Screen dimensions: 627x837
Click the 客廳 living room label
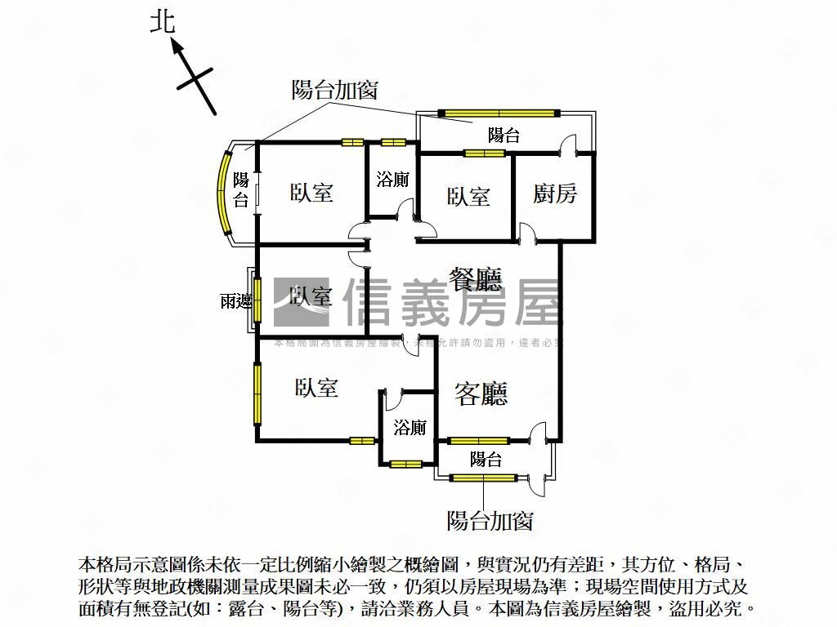[x=481, y=394]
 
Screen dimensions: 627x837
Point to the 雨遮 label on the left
[x=235, y=301]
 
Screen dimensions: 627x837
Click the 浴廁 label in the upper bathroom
[x=392, y=180]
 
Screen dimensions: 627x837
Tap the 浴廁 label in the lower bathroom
[x=410, y=427]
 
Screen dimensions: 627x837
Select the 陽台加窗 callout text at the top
[x=334, y=91]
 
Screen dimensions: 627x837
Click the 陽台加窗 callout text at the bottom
[x=490, y=520]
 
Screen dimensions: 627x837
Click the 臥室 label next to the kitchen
[x=468, y=196]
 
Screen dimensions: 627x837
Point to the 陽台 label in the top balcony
[x=504, y=136]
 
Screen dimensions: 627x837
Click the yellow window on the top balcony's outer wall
[x=498, y=113]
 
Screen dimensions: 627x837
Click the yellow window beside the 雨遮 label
[x=256, y=300]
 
